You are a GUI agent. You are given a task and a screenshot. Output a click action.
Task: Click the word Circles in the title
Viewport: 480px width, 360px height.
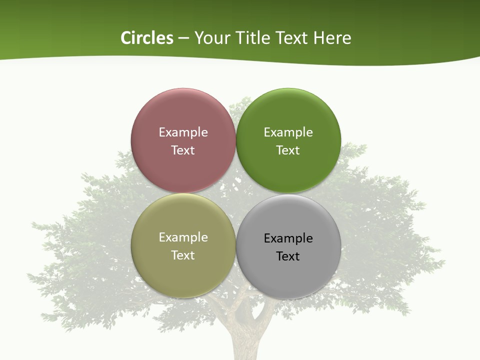pos(146,38)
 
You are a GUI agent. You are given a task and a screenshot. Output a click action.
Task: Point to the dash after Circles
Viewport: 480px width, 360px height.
pos(183,38)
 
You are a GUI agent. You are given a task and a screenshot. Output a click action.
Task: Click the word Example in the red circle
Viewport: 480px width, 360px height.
pos(183,132)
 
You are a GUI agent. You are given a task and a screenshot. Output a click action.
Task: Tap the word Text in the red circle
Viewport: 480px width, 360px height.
pos(183,150)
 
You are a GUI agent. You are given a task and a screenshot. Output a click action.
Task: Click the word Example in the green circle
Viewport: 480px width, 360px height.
pos(288,132)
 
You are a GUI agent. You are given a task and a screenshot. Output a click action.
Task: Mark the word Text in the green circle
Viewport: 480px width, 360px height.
pos(288,150)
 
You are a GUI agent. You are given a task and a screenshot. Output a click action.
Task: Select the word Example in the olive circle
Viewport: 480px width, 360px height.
pos(183,237)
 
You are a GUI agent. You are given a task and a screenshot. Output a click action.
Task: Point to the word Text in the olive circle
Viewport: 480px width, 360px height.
pos(183,255)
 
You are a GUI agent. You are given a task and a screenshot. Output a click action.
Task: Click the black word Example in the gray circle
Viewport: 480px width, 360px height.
pos(288,238)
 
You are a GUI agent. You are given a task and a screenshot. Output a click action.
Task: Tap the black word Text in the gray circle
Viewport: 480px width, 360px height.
pos(288,256)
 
